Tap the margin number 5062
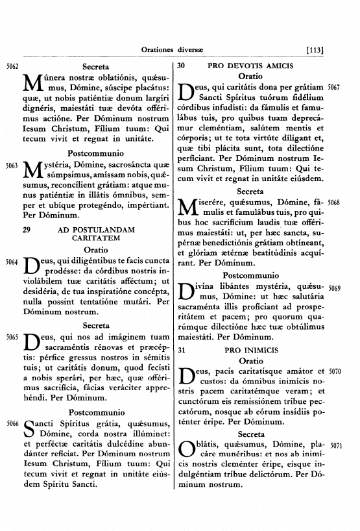click(x=11, y=66)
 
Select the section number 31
click(x=182, y=350)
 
